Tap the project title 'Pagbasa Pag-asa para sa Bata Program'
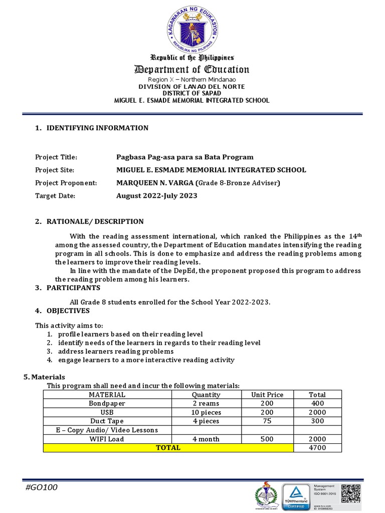tap(184, 157)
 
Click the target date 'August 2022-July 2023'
tap(156, 195)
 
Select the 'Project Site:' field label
tap(55, 170)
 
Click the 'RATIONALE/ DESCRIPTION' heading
tap(95, 221)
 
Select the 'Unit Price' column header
tap(267, 395)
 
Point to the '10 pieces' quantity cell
tap(206, 412)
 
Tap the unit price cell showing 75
tap(267, 421)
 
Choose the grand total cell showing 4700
tap(317, 447)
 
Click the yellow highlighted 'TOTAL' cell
tap(168, 447)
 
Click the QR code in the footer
tap(351, 493)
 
